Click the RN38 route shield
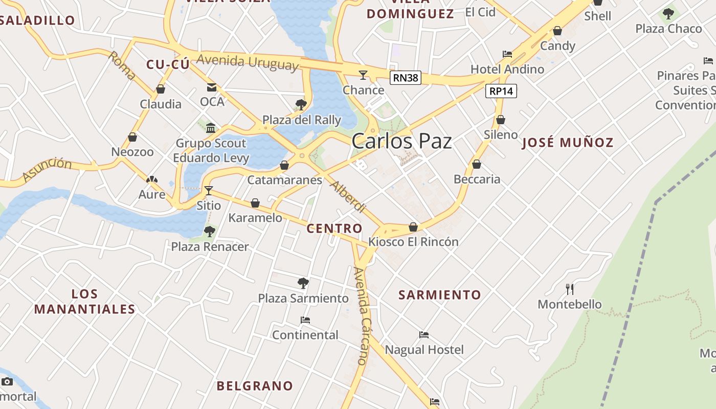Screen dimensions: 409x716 [x=405, y=78]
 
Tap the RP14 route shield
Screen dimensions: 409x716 [x=501, y=91]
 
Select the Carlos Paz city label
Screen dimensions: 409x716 [x=401, y=141]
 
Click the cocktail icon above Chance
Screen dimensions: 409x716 [x=363, y=75]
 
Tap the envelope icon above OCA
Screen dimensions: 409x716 [x=212, y=87]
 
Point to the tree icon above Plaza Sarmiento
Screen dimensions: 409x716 [x=303, y=283]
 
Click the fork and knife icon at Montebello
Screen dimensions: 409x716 [x=570, y=289]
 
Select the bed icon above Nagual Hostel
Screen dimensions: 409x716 [x=424, y=335]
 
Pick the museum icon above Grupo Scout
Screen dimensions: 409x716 [x=211, y=128]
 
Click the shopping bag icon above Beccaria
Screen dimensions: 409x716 [x=477, y=164]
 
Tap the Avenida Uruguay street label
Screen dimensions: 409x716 [x=247, y=62]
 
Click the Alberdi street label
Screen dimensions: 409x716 [x=348, y=196]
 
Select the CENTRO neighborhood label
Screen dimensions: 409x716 [x=334, y=229]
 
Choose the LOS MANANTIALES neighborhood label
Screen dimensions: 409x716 [x=85, y=302]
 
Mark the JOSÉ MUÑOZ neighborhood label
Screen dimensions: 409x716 [x=567, y=143]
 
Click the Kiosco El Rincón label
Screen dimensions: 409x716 [x=413, y=242]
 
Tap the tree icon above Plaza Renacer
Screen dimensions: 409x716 [x=209, y=232]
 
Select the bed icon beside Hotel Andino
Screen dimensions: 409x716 [x=507, y=54]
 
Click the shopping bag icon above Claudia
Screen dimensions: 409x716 [x=161, y=89]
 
